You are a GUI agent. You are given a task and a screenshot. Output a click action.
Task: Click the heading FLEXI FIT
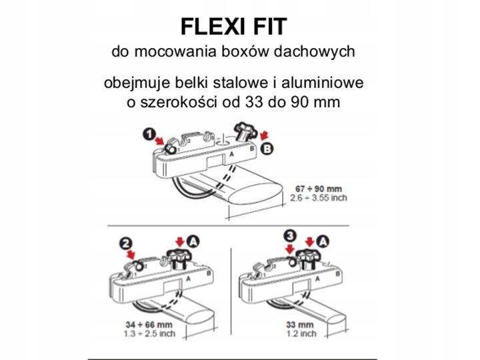pyautogui.click(x=233, y=26)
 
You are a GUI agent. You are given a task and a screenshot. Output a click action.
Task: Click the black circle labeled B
pyautogui.click(x=267, y=149)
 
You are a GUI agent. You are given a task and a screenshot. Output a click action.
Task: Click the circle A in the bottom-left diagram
pyautogui.click(x=192, y=239)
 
